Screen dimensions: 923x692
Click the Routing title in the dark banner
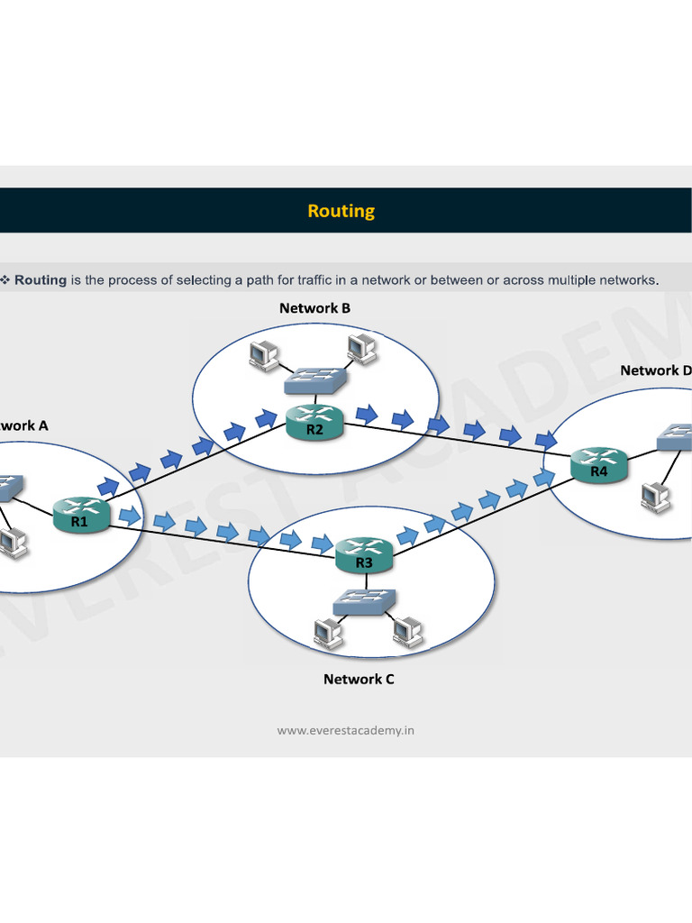coord(341,211)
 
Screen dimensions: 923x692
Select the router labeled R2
coord(314,422)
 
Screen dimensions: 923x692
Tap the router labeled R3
coord(364,555)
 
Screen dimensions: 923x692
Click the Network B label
coord(314,308)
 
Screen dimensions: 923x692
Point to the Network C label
coord(359,679)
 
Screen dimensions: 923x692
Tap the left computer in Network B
coord(265,355)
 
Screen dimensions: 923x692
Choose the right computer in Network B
coord(360,346)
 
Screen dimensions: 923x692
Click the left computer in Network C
coord(326,634)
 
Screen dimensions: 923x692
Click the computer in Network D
coord(654,498)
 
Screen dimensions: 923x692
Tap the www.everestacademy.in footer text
coord(346,730)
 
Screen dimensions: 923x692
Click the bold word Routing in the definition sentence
coord(41,280)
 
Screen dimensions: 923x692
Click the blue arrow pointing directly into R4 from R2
coord(546,441)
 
